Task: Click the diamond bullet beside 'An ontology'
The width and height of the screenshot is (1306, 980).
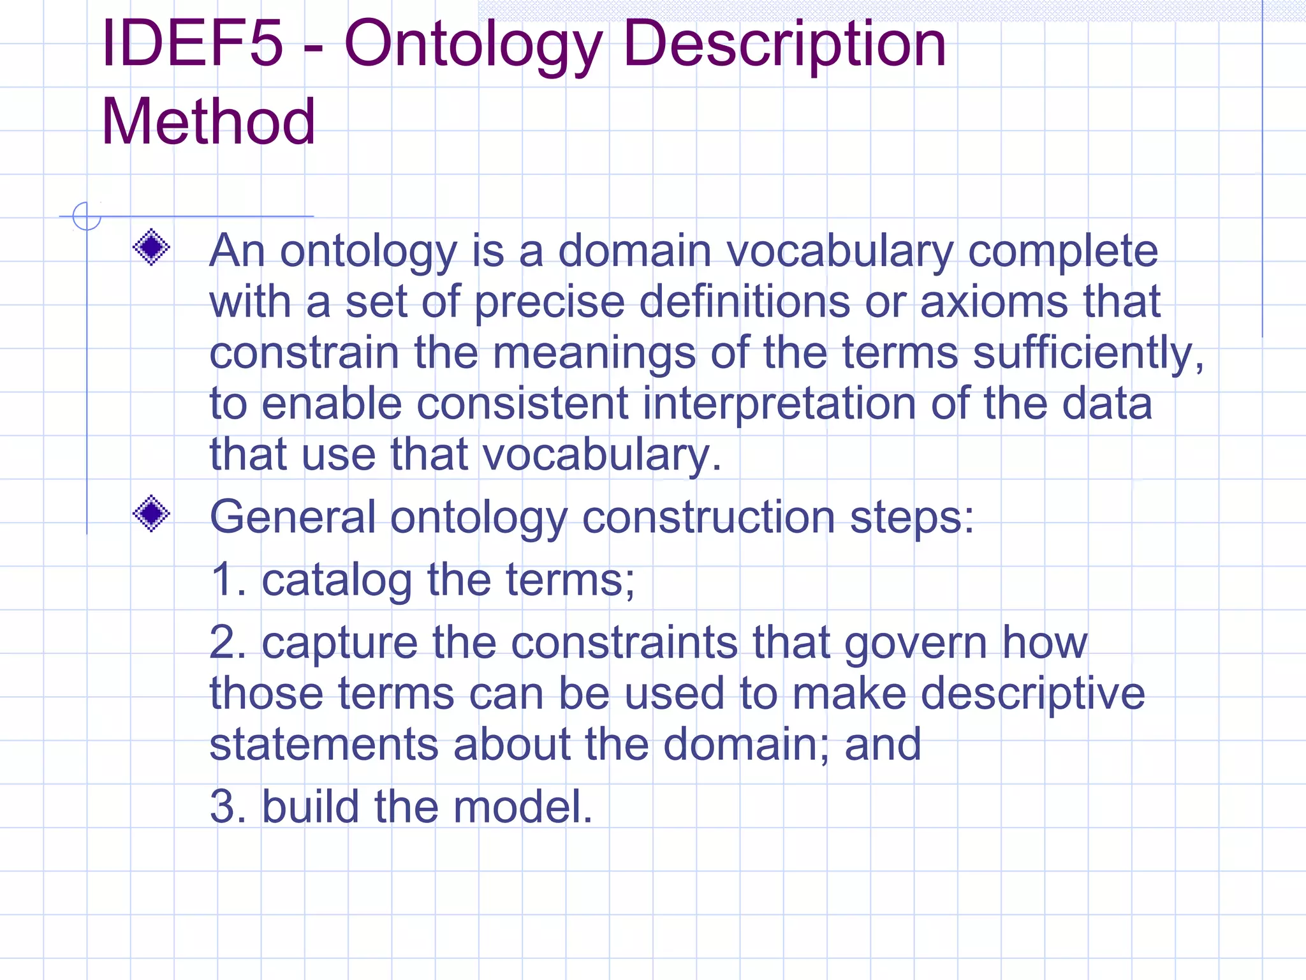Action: pyautogui.click(x=151, y=247)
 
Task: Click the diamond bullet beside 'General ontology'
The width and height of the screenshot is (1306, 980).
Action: pyautogui.click(x=151, y=514)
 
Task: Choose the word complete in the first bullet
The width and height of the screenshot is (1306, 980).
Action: pyautogui.click(x=1063, y=251)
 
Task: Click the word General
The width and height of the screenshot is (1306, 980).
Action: pyautogui.click(x=293, y=516)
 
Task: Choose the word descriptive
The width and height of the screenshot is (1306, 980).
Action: pyautogui.click(x=1033, y=694)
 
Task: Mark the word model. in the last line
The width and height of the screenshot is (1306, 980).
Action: pyautogui.click(x=523, y=806)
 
